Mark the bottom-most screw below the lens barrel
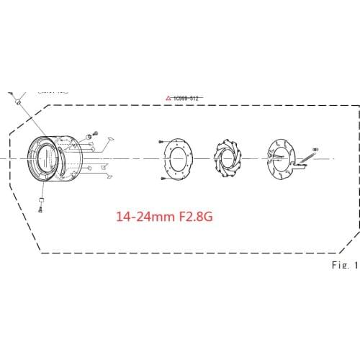pyautogui.click(x=42, y=210)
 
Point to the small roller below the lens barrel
pyautogui.click(x=41, y=198)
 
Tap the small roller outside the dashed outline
pyautogui.click(x=14, y=101)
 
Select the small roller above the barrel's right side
pyautogui.click(x=88, y=135)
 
